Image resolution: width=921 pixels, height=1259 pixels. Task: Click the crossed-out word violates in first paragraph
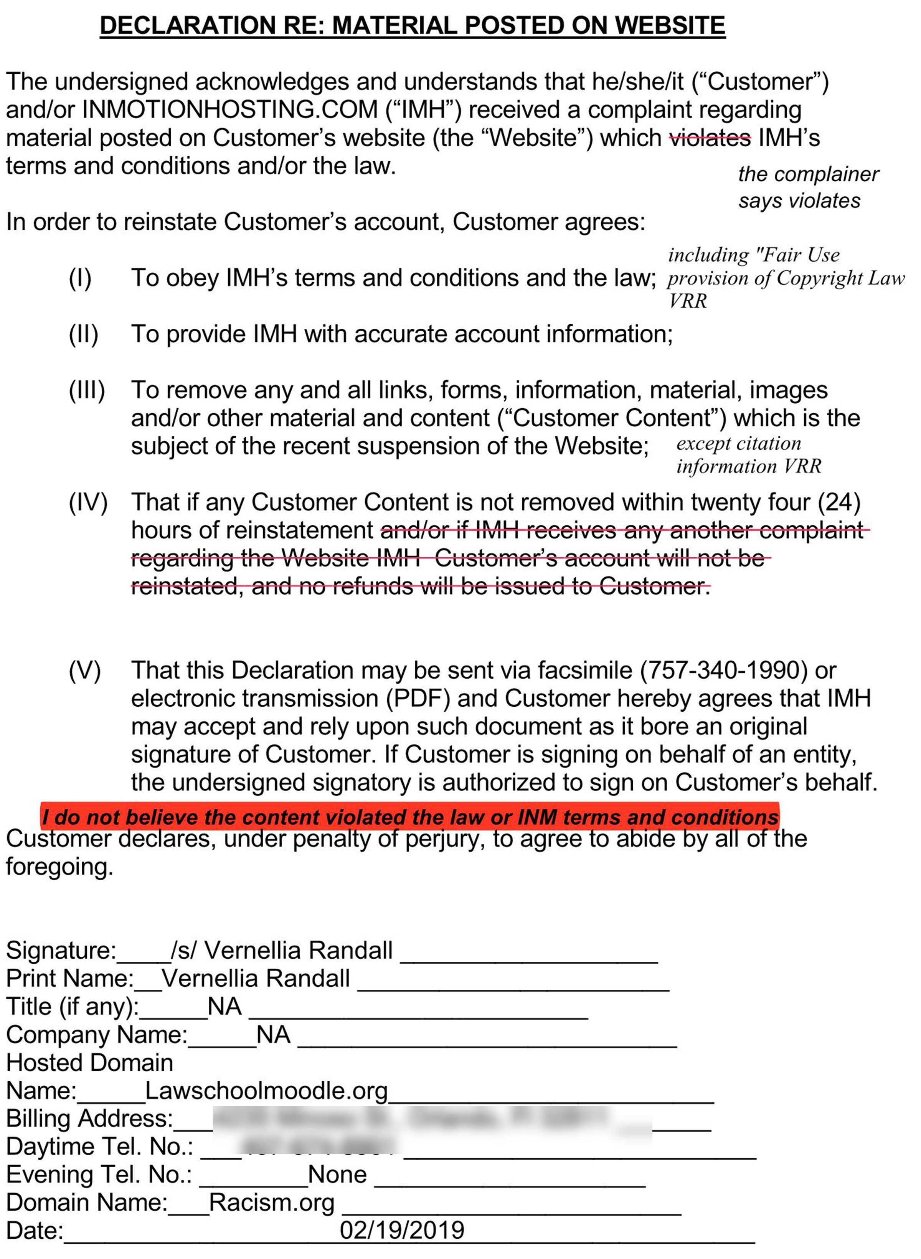tap(710, 138)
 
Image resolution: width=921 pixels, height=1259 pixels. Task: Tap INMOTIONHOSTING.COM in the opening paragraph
tap(230, 110)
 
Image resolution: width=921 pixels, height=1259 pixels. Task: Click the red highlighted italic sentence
tap(410, 817)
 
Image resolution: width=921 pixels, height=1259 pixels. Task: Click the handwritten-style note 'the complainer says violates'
tap(807, 187)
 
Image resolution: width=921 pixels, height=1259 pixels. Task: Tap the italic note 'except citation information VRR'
tap(748, 455)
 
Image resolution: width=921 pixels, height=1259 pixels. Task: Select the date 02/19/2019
tap(402, 1230)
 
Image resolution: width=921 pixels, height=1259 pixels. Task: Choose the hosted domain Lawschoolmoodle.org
tap(266, 1090)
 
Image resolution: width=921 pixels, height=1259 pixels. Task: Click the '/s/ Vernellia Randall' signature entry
tap(282, 950)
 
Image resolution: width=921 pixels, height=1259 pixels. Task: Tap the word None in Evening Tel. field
tap(337, 1174)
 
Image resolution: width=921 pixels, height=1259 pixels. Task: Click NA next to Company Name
tap(273, 1035)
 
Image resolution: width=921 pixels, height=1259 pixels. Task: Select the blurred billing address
tap(432, 1118)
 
